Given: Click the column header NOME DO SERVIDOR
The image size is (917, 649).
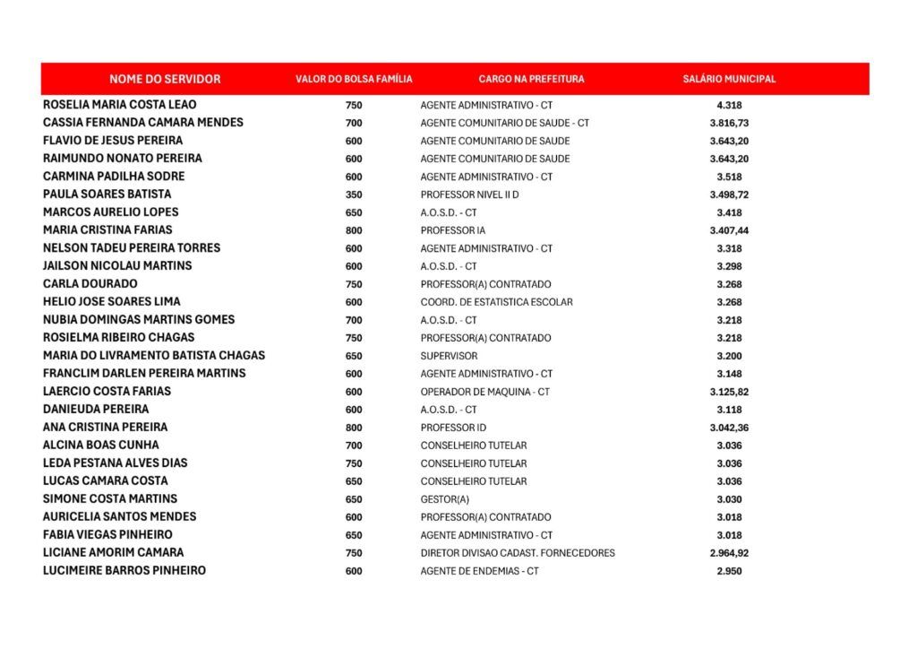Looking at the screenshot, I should coord(165,79).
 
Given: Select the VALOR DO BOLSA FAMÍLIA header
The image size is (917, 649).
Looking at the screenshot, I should coord(354,79).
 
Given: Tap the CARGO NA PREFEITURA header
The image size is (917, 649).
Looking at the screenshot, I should coord(531,79).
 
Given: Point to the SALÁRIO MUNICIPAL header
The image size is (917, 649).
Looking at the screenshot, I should coord(729,79).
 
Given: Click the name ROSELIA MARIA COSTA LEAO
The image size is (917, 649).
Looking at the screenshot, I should coord(119,105).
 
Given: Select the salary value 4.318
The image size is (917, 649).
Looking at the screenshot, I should coord(729,105).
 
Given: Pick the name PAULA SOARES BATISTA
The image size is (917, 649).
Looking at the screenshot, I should coord(107,195).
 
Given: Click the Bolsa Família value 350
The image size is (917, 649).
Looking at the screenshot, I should coord(354,195).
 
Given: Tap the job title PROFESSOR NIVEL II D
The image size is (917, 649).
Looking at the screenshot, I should coord(469,195).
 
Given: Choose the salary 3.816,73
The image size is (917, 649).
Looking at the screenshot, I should coord(729,123).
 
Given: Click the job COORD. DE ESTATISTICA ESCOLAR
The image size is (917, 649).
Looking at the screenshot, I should coord(496,302).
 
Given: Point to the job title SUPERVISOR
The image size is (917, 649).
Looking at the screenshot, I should coord(449,356).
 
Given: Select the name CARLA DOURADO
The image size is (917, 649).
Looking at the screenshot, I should coord(90,284).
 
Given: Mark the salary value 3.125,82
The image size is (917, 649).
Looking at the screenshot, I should coord(729,392).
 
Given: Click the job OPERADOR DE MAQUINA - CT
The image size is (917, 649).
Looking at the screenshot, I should coord(484,392).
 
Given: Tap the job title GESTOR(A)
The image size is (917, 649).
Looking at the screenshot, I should coord(444,499).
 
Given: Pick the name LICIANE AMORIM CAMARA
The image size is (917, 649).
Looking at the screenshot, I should coord(113,553).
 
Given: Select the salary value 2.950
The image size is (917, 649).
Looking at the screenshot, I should coord(729,571).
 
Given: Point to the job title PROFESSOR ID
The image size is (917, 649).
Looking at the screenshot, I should coord(453,428).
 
